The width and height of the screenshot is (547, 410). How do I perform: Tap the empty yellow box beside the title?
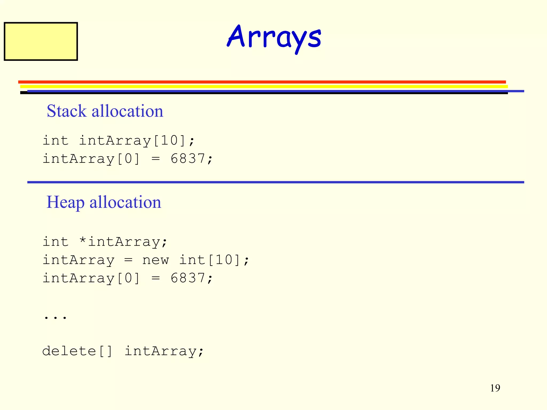tap(41, 41)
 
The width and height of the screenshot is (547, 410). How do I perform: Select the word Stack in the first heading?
tap(67, 111)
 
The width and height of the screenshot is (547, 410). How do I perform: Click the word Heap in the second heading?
tap(65, 202)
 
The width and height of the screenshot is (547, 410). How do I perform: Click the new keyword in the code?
tap(155, 260)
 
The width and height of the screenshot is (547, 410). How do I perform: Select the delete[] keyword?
tap(77, 351)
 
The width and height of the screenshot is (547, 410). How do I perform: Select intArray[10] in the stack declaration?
tap(136, 140)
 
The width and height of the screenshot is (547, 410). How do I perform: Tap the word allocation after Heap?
tap(125, 202)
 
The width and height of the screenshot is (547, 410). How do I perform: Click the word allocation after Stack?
tap(127, 111)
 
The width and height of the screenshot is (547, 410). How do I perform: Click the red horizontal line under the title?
tap(262, 82)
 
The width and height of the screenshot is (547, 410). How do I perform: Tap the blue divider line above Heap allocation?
tap(275, 182)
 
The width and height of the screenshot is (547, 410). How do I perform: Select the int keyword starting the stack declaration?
tap(56, 140)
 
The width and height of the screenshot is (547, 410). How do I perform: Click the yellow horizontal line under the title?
tap(264, 86)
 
